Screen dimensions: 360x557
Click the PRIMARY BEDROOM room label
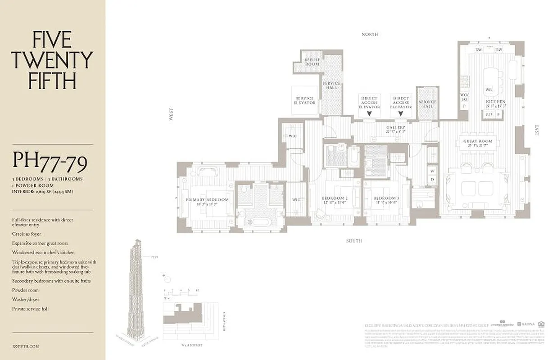(207, 200)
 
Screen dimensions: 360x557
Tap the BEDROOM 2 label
(335, 198)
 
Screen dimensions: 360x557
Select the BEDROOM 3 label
(386, 198)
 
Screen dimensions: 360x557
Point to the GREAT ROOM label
(478, 141)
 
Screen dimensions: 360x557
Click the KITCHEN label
(495, 102)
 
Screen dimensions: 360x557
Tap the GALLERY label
(395, 128)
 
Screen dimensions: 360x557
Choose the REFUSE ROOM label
(312, 62)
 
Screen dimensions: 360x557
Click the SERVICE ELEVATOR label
(305, 100)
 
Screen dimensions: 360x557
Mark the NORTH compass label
(369, 34)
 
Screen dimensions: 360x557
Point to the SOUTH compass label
(354, 241)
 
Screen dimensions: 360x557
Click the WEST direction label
(171, 116)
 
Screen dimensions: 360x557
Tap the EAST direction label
(537, 130)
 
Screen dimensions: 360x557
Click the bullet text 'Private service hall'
(30, 309)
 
